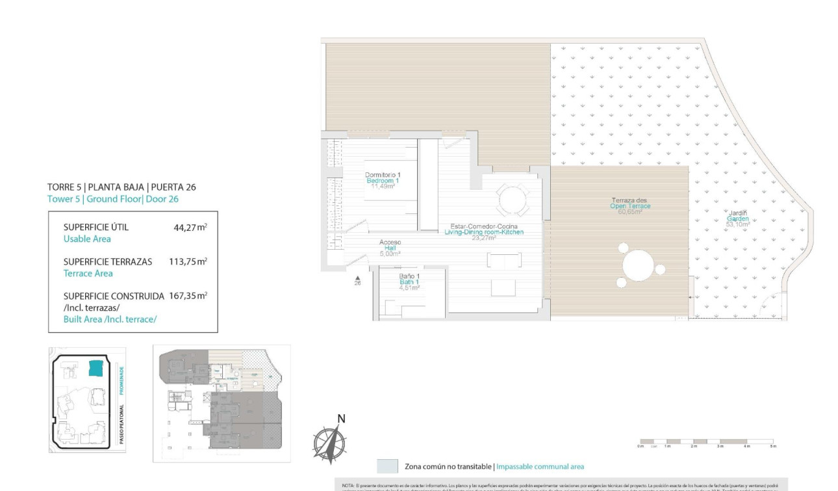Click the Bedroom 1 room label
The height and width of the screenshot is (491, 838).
point(382,180)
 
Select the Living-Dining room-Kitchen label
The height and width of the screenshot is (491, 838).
point(483,232)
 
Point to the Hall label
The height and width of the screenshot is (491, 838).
point(390,248)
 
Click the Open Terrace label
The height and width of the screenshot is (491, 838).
point(629,206)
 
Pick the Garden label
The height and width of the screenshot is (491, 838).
point(737,219)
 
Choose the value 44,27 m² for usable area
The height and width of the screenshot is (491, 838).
point(187,227)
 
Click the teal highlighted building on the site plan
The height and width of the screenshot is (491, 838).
point(96,368)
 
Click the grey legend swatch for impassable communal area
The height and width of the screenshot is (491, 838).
point(387,466)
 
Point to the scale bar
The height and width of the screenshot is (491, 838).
point(707,442)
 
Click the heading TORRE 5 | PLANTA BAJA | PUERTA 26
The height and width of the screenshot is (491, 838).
point(121,187)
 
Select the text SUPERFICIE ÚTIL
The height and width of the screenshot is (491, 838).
point(96,227)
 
